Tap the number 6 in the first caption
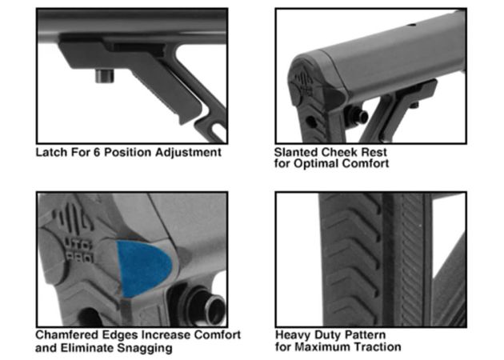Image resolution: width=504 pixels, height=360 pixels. [97, 152]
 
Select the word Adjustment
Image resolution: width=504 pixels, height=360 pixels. [188, 153]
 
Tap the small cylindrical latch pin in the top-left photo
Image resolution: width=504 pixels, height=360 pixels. [105, 76]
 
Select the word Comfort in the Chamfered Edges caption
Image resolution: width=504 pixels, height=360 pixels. [218, 335]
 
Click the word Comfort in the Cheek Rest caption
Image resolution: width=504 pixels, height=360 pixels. [365, 164]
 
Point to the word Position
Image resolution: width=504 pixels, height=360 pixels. [128, 152]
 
